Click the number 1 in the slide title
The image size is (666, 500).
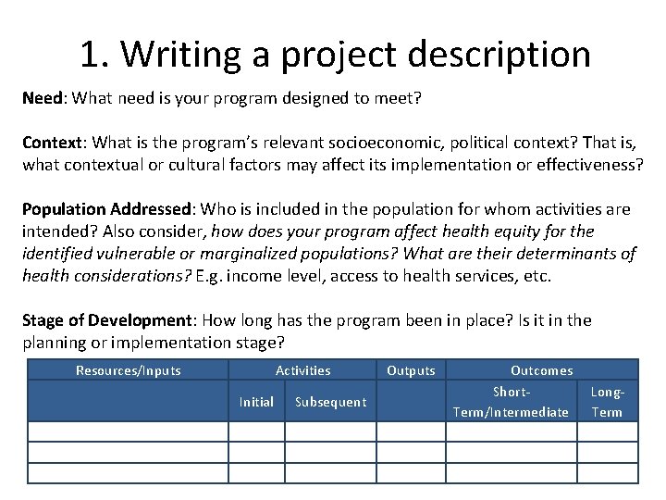89,55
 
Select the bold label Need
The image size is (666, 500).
43,97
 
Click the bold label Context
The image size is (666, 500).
53,144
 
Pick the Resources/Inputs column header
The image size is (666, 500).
128,371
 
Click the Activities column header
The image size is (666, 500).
302,371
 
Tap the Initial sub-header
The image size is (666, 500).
256,402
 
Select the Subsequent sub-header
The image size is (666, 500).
330,402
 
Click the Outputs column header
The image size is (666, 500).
411,371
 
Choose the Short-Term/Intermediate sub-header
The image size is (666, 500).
511,402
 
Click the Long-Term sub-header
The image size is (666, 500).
607,402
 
